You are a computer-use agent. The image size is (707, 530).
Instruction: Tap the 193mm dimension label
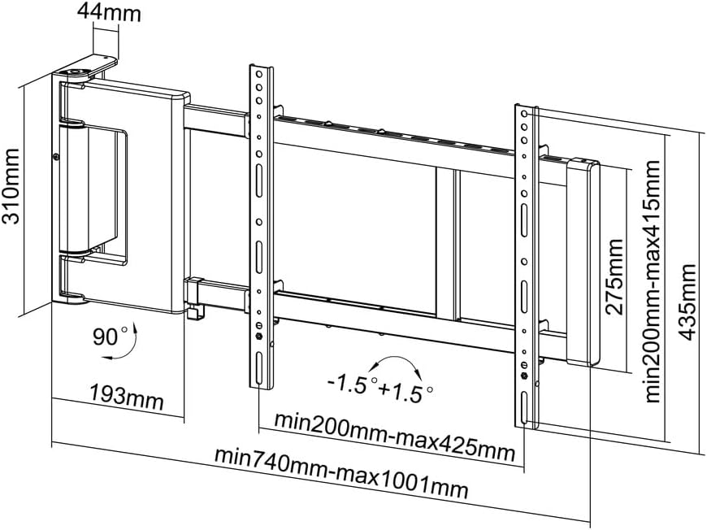pyautogui.click(x=126, y=399)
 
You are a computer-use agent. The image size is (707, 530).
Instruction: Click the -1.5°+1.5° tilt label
pyautogui.click(x=375, y=387)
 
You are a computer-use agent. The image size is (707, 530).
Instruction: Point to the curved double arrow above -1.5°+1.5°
pyautogui.click(x=394, y=364)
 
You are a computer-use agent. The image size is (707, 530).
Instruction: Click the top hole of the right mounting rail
pyautogui.click(x=525, y=115)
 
